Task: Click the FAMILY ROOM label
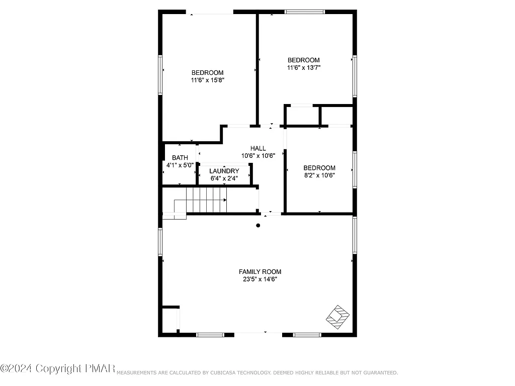[260, 272]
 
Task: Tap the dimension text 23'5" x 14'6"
[260, 279]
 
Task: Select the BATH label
[180, 158]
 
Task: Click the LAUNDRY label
[224, 171]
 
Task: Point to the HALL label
[258, 148]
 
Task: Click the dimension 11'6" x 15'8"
[207, 80]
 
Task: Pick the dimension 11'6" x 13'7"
[303, 67]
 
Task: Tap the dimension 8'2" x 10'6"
[319, 175]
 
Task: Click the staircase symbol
[206, 200]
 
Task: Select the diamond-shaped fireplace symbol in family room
[338, 315]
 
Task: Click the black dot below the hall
[258, 226]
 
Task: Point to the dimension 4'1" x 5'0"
[180, 165]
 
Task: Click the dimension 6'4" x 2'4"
[224, 178]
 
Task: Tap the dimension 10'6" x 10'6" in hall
[258, 156]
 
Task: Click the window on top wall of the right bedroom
[304, 12]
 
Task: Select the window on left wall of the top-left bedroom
[160, 75]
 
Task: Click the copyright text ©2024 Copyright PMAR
[58, 368]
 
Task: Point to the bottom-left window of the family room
[210, 334]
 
